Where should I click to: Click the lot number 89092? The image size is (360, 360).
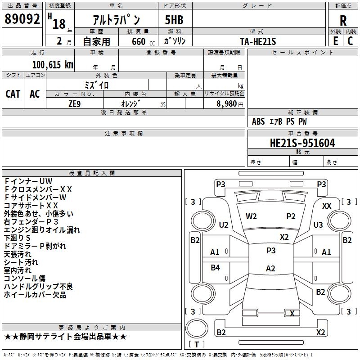tap(22, 19)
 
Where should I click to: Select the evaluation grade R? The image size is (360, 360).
tap(343, 21)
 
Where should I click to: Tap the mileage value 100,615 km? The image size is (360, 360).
tap(53, 64)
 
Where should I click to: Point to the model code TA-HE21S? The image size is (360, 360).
tap(258, 41)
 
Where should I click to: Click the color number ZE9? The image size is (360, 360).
tap(75, 103)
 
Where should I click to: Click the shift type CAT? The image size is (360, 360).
tap(13, 94)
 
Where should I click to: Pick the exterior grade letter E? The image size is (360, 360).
tap(335, 41)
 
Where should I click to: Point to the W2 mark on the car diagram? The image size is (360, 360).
tap(251, 216)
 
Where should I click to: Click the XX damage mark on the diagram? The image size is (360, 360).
tap(327, 206)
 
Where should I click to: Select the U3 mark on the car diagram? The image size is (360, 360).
tap(318, 225)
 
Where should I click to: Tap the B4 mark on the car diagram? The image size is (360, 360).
tap(216, 268)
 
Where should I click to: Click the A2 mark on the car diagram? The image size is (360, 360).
tap(270, 269)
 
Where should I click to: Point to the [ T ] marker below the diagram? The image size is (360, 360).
tap(197, 345)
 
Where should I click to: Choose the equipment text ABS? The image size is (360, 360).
tap(258, 121)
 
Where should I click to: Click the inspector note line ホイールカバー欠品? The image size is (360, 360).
tap(35, 295)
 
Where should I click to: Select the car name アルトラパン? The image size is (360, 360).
tap(116, 21)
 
